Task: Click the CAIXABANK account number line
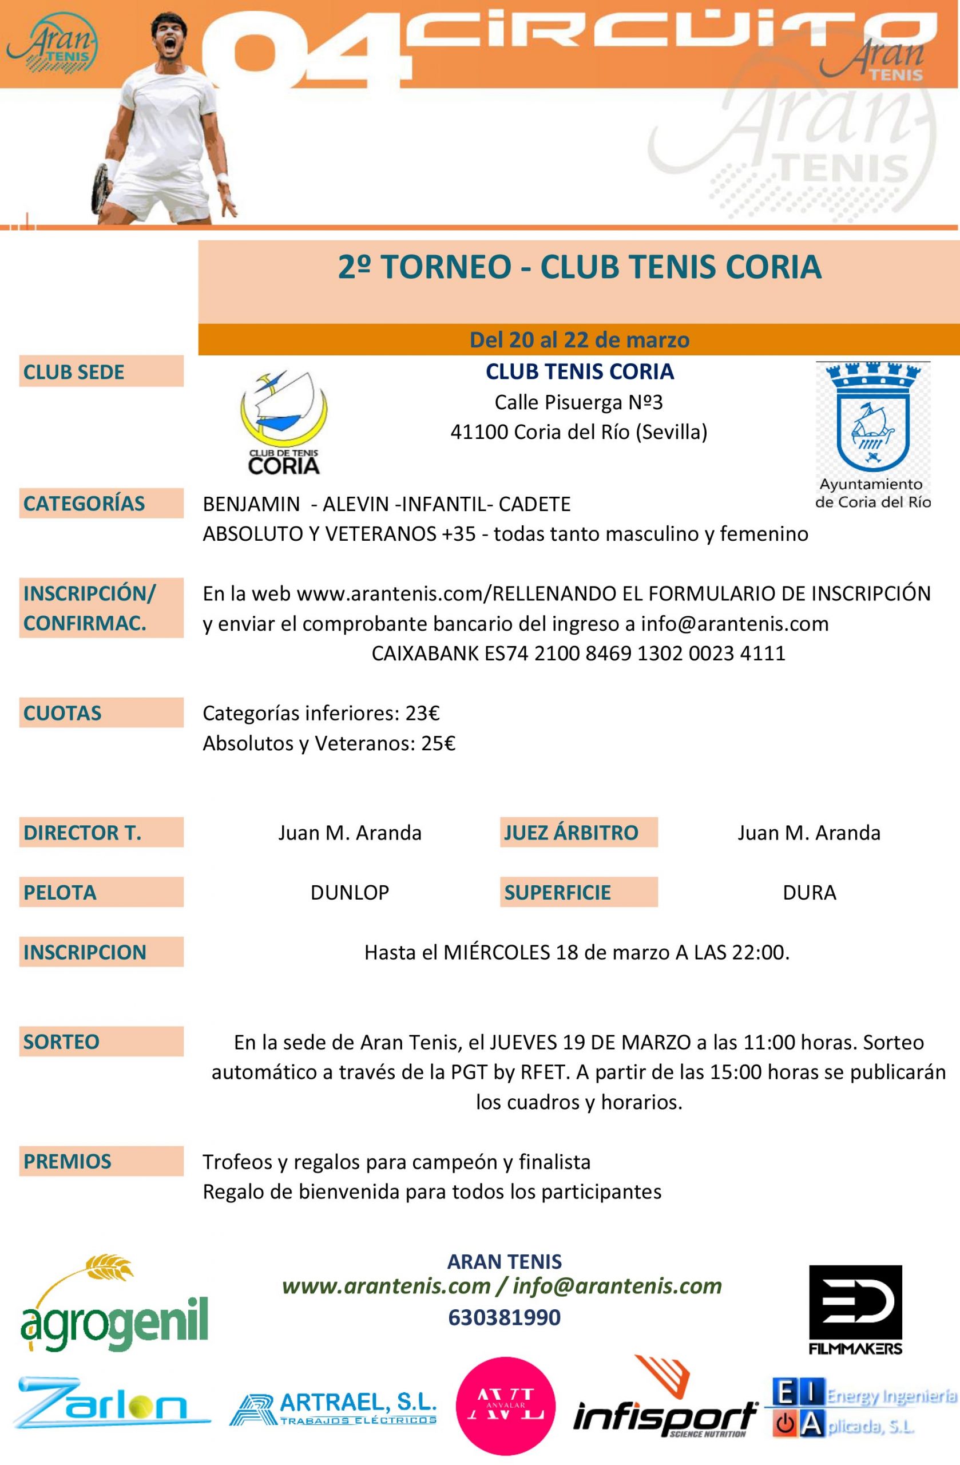point(578,653)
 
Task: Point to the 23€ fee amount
point(422,714)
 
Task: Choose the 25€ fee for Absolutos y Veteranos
point(438,743)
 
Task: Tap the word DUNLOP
point(350,893)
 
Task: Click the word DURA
point(808,893)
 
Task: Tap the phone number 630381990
point(505,1317)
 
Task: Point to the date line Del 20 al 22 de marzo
point(579,340)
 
